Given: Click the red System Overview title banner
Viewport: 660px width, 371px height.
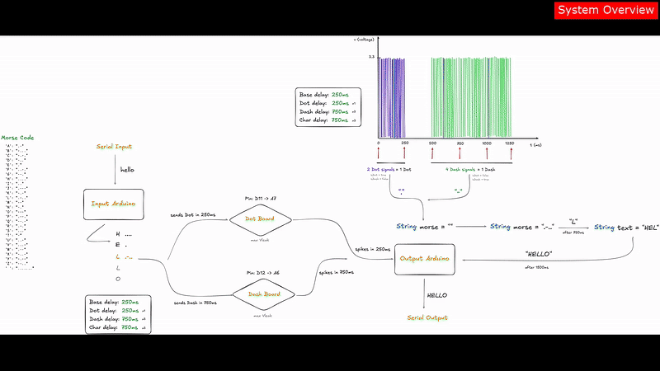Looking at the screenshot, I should tap(606, 10).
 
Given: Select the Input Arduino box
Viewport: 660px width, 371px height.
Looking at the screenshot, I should tap(113, 204).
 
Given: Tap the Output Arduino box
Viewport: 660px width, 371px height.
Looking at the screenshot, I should tap(425, 258).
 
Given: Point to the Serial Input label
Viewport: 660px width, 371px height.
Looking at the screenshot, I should tap(114, 147).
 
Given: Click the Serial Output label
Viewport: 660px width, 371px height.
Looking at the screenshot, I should tap(425, 317).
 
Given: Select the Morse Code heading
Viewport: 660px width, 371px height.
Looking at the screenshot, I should tap(17, 138).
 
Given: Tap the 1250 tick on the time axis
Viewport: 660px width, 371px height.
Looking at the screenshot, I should tap(510, 143).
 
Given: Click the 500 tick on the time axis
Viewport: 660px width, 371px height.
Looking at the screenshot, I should tap(433, 143).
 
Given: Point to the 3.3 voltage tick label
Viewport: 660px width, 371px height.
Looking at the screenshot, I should tap(371, 56).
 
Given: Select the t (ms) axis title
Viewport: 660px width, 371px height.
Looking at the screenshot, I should tap(535, 144).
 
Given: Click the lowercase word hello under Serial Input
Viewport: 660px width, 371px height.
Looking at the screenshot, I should tap(127, 169).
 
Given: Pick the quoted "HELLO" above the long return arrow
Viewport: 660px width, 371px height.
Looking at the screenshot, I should tap(538, 254).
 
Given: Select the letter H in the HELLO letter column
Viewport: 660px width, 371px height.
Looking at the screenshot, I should tap(118, 233).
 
